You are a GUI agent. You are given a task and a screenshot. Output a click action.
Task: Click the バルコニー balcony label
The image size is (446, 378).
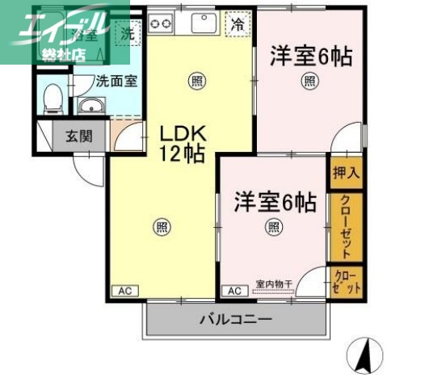pyautogui.click(x=237, y=319)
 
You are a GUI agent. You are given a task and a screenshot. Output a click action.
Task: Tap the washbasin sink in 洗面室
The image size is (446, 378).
pyautogui.click(x=90, y=106)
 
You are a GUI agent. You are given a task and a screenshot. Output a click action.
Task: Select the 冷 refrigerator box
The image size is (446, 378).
pyautogui.click(x=236, y=25)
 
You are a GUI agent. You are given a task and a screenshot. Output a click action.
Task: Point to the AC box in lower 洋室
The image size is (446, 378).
pyautogui.click(x=234, y=291)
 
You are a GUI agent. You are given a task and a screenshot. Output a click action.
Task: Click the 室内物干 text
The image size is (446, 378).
pyautogui.click(x=274, y=283)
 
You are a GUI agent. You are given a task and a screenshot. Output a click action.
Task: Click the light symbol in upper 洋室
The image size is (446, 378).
pyautogui.click(x=309, y=80)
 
